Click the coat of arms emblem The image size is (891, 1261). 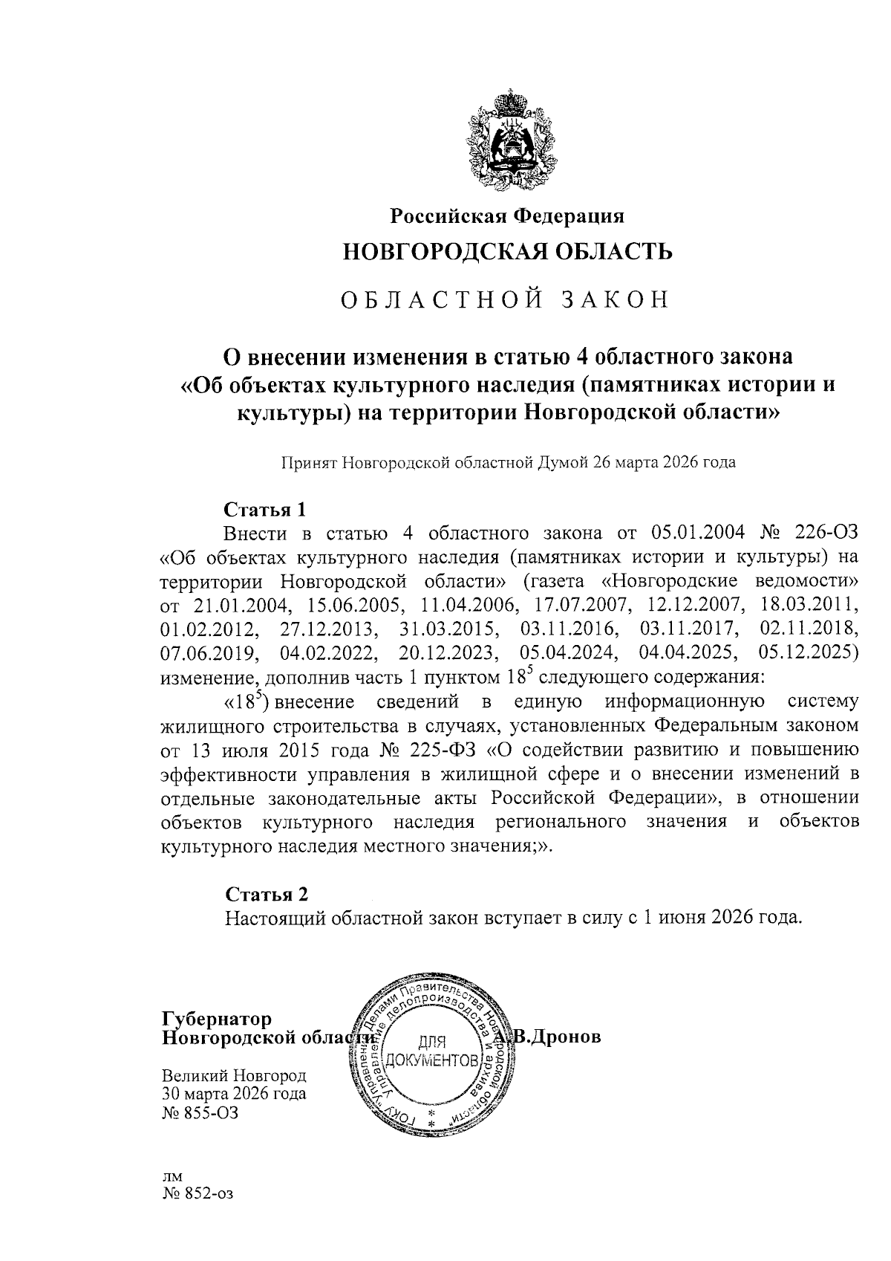point(508,141)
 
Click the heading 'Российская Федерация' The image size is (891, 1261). point(508,216)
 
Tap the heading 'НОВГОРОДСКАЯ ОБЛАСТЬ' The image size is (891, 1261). point(507,252)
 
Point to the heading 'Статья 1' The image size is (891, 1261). point(265,510)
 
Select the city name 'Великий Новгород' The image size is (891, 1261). point(234,1076)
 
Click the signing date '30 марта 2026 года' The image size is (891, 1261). point(234,1094)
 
